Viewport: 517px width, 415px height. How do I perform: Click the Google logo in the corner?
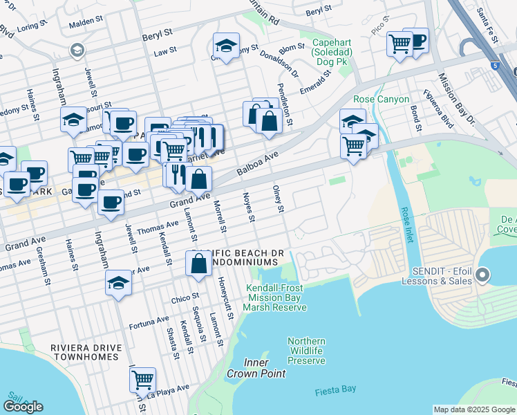23,407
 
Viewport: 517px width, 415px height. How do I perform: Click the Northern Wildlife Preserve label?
306,351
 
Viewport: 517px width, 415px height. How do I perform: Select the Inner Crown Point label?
264,368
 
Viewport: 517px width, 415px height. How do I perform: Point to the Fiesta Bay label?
335,389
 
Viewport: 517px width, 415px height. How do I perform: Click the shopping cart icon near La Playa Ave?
142,379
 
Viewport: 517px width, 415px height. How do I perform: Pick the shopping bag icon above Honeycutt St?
198,264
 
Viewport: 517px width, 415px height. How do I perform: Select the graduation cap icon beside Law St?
226,46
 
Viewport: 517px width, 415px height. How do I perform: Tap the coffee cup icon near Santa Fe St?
415,40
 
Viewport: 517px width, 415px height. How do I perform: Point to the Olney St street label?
279,199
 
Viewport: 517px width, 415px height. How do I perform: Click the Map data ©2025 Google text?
474,409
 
